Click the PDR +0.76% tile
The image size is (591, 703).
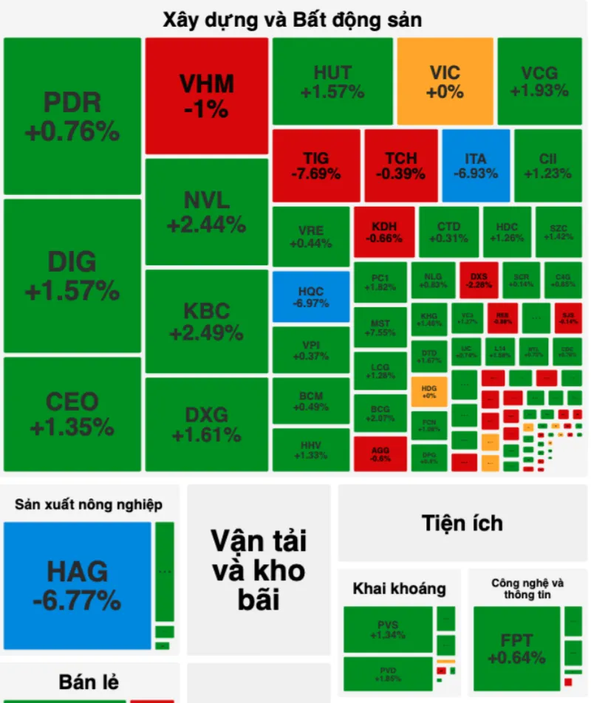tap(72, 116)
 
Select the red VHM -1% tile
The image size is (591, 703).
tap(207, 96)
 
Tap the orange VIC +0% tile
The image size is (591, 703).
tap(445, 81)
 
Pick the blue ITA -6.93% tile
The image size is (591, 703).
tap(476, 165)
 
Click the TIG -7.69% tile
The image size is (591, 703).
tap(316, 165)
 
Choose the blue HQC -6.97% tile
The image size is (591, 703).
tap(311, 297)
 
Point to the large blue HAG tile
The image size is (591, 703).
tap(77, 586)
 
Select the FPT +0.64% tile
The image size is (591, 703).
tap(516, 648)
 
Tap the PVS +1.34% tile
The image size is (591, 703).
tap(388, 629)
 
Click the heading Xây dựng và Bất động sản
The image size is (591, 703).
tap(293, 20)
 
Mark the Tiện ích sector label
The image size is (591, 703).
tap(462, 523)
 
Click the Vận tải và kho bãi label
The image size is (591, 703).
tap(258, 569)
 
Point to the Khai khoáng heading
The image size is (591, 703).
tap(399, 589)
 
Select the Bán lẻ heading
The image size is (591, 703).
tap(89, 682)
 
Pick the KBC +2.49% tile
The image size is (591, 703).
tap(207, 321)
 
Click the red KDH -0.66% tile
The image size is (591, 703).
tap(383, 232)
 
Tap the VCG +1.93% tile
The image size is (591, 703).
tap(539, 81)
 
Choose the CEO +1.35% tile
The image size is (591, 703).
tap(72, 414)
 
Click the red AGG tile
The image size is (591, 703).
tap(380, 453)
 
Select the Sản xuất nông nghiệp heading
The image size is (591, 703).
tap(89, 505)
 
